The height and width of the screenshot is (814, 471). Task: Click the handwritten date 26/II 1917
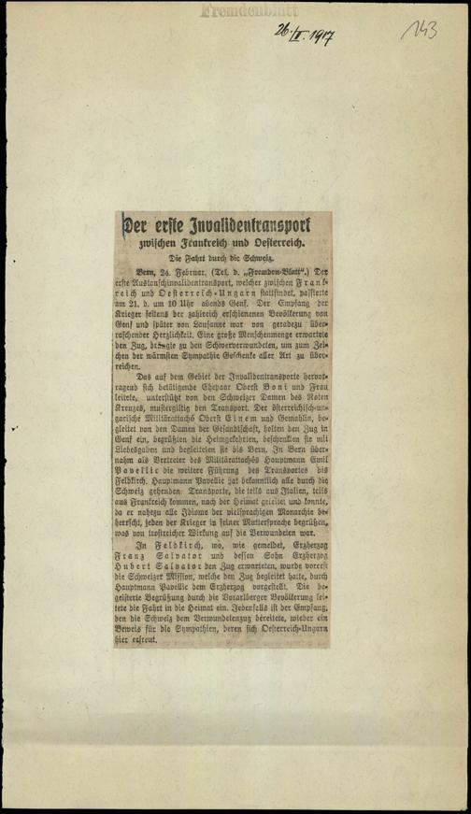[305, 36]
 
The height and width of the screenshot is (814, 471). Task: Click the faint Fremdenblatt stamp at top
[235, 10]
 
